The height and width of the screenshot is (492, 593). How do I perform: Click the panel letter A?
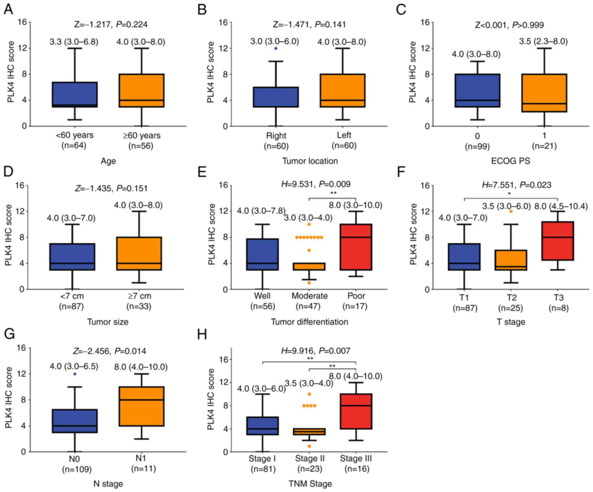8,10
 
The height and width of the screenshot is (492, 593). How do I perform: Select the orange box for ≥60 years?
142,91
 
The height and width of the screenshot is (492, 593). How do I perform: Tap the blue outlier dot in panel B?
276,48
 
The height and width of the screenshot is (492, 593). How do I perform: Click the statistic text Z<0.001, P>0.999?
509,25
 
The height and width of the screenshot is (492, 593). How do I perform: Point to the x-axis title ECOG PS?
510,161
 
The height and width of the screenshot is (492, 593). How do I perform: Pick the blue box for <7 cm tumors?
72,257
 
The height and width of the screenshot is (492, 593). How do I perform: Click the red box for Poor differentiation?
356,247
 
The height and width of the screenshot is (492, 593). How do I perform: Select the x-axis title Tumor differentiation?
309,322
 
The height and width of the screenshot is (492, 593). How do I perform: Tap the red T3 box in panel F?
558,241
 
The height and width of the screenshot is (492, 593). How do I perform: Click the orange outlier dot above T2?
511,211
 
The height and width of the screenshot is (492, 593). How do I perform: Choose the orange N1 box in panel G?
142,406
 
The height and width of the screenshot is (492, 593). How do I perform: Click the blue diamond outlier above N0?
75,374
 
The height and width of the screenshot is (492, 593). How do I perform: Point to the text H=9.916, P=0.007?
315,351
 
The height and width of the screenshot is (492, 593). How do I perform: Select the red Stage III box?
356,411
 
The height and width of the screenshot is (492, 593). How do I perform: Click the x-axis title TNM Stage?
310,484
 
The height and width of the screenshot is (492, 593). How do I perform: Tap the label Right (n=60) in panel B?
276,141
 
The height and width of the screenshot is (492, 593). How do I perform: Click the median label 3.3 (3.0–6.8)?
74,42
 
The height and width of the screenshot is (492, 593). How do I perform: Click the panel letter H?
202,334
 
